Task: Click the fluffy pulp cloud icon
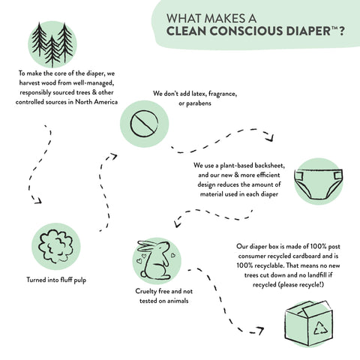57,246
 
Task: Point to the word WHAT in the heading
183,17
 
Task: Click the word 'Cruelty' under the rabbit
148,291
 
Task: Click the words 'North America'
94,101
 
